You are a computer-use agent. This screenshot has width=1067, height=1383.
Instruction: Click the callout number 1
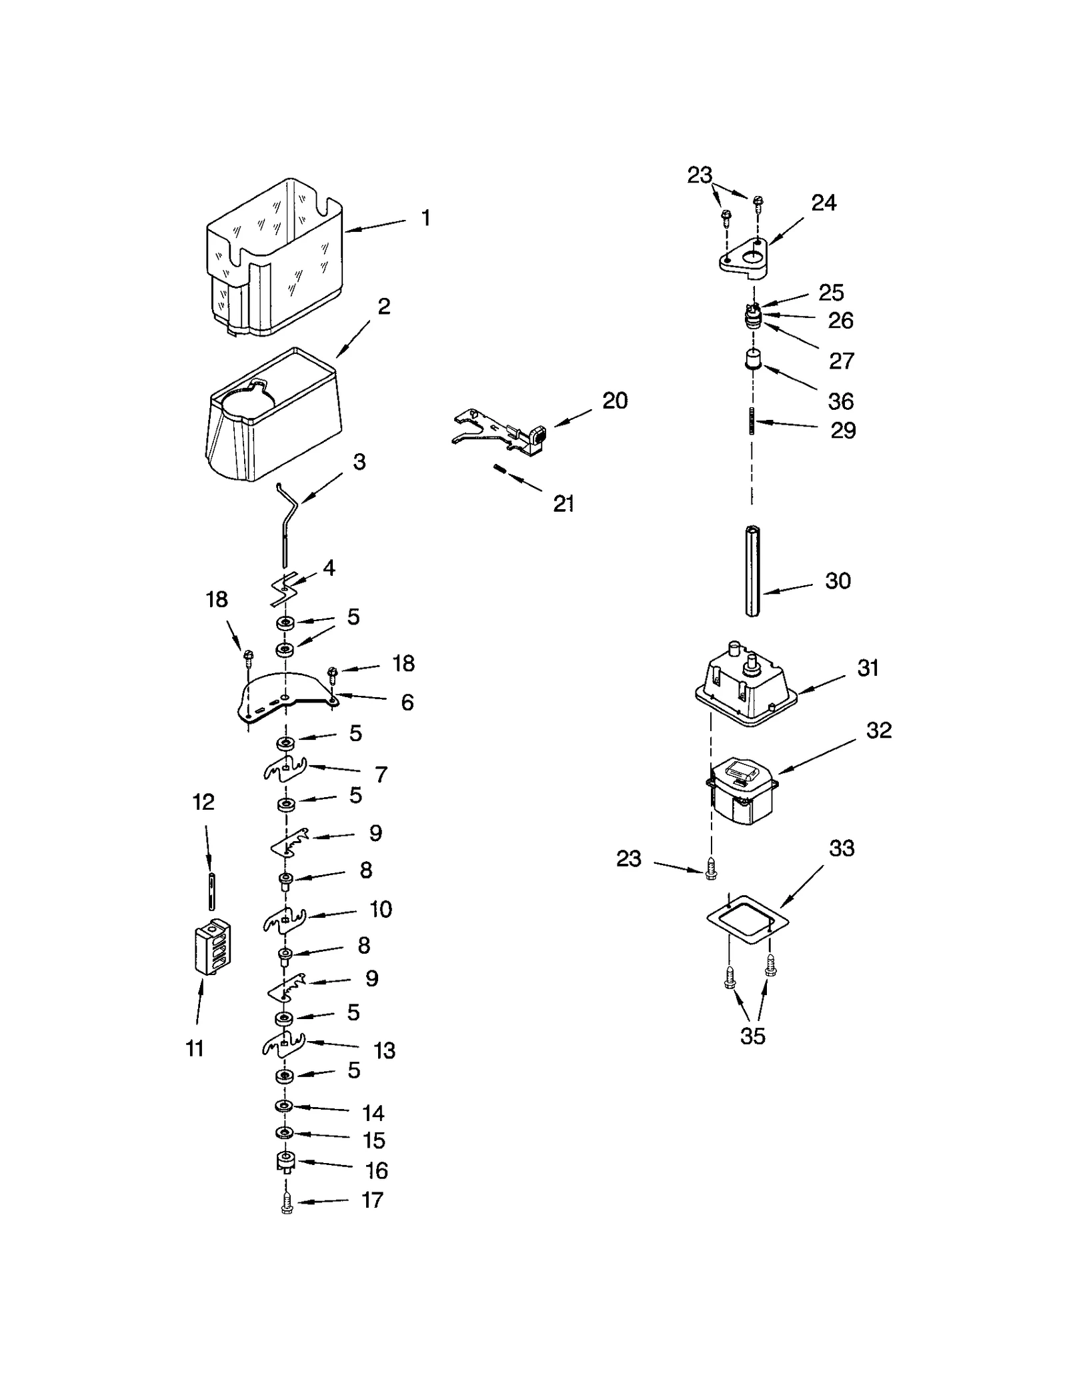tap(425, 219)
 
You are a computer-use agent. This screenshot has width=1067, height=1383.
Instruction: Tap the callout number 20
tap(615, 401)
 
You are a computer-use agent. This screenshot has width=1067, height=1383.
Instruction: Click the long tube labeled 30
tap(753, 572)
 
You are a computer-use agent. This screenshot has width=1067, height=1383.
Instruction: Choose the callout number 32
tap(879, 730)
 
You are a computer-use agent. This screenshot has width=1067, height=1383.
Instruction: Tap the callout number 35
tap(752, 1036)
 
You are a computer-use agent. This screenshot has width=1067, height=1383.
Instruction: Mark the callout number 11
tap(194, 1049)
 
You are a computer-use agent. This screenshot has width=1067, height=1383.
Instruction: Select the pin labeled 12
tap(211, 890)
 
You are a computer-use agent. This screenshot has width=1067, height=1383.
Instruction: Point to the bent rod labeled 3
tap(286, 527)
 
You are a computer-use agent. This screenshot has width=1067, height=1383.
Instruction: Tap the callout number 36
tap(841, 401)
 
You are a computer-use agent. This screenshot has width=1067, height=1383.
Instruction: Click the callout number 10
tap(381, 909)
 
